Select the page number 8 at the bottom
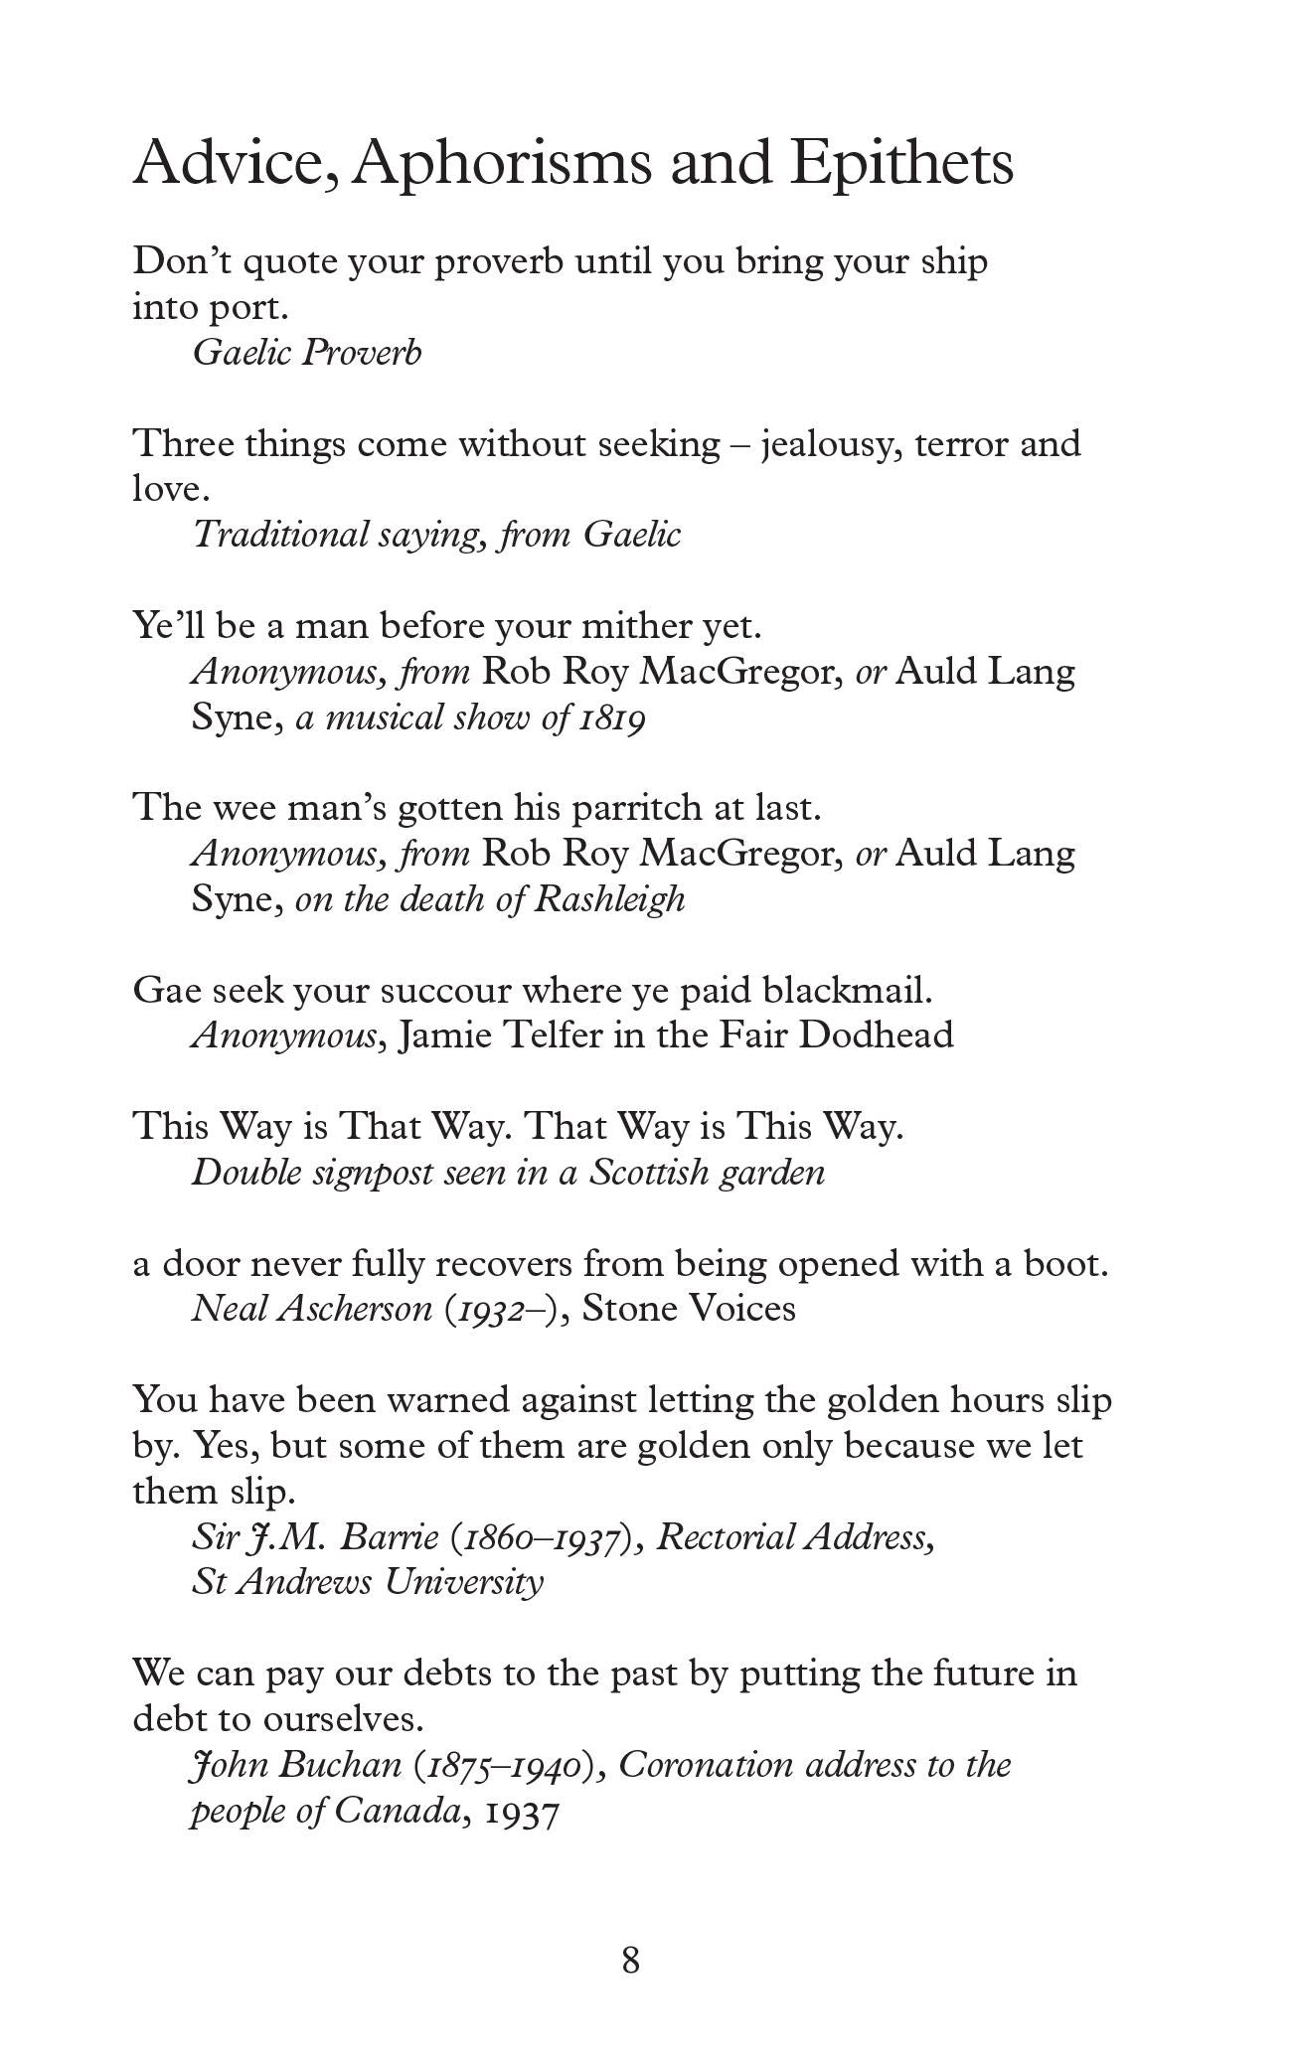[x=630, y=1961]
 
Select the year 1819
[x=611, y=717]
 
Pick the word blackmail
[x=847, y=991]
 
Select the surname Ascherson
[x=355, y=1309]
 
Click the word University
[x=464, y=1582]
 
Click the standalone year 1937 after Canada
[x=522, y=1812]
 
